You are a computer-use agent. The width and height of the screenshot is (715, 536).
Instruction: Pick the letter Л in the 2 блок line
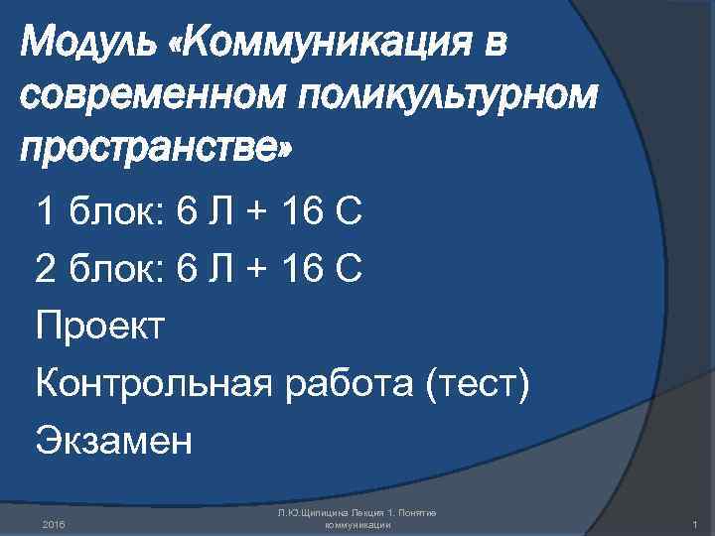tap(217, 267)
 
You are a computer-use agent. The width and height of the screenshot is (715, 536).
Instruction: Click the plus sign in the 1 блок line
tap(254, 211)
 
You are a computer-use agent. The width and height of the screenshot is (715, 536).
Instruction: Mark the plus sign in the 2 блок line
tap(254, 268)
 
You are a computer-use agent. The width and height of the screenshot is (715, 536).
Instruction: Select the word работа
tap(346, 381)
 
